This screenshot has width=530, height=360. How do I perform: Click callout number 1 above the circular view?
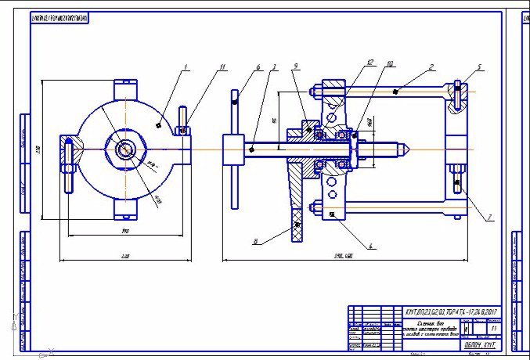click(x=186, y=68)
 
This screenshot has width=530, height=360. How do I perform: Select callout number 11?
click(x=222, y=68)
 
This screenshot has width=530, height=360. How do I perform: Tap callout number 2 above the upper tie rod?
click(x=431, y=68)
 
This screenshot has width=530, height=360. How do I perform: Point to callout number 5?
click(x=479, y=67)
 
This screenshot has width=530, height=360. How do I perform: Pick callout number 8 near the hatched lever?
click(x=256, y=242)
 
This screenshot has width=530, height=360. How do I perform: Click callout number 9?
click(x=294, y=68)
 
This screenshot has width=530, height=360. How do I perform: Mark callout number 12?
click(x=370, y=61)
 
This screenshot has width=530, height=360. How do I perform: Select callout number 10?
click(x=389, y=63)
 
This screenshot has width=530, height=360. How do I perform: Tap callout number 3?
click(x=273, y=68)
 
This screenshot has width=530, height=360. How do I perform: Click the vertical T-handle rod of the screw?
click(x=235, y=149)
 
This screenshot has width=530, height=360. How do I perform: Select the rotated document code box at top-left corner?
click(x=59, y=17)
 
